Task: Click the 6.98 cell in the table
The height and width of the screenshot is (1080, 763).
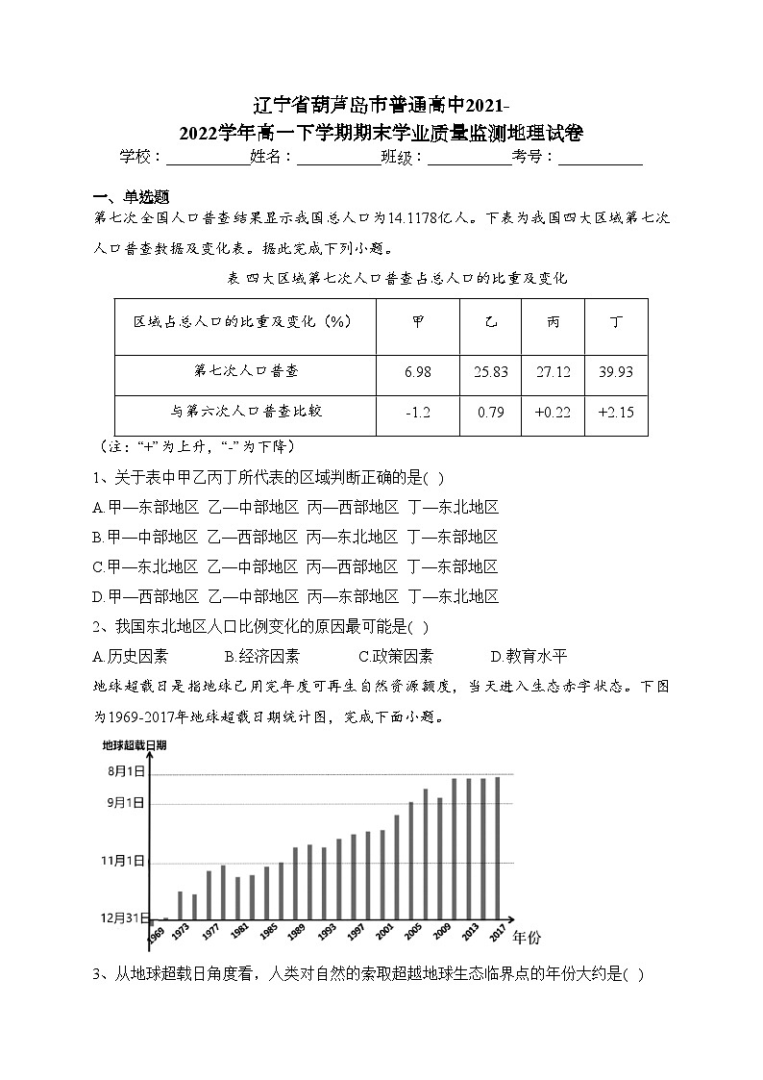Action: pyautogui.click(x=418, y=372)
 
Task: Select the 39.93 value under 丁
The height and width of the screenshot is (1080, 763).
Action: pyautogui.click(x=615, y=372)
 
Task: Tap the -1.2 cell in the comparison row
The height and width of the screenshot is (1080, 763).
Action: pyautogui.click(x=418, y=412)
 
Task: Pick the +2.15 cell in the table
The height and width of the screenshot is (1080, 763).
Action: pyautogui.click(x=615, y=412)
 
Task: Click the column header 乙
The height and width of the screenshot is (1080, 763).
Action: pyautogui.click(x=491, y=322)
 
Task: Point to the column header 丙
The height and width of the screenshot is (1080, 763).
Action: pyautogui.click(x=553, y=322)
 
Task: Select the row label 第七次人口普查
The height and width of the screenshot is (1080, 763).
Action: pyautogui.click(x=245, y=370)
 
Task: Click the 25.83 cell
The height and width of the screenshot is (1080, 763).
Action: pyautogui.click(x=491, y=372)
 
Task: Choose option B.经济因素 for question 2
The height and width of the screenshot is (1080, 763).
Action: pyautogui.click(x=261, y=657)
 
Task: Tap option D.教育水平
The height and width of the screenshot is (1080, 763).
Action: pyautogui.click(x=529, y=657)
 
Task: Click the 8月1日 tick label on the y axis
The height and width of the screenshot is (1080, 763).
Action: pyautogui.click(x=126, y=771)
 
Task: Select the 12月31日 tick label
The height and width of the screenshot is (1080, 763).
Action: pyautogui.click(x=124, y=917)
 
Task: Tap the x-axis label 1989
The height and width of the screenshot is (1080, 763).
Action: pyautogui.click(x=297, y=933)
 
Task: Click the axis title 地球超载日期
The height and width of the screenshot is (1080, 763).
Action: pyautogui.click(x=135, y=745)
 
